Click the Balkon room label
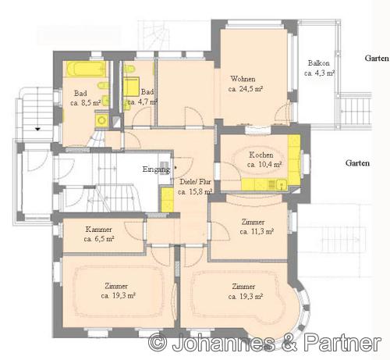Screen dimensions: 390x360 click(x=318, y=63)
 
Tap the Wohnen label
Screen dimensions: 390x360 click(x=243, y=79)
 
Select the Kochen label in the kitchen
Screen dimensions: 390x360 click(x=261, y=155)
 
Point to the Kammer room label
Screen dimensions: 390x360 click(x=98, y=230)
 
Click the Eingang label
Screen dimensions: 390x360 click(x=156, y=169)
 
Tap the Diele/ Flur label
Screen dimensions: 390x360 click(x=195, y=182)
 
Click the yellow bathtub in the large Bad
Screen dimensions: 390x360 click(x=86, y=69)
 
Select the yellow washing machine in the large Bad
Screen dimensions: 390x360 click(x=101, y=120)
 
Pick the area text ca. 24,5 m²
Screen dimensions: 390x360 click(x=246, y=89)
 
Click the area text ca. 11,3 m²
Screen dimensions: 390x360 click(x=257, y=231)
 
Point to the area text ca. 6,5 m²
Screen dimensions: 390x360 click(x=99, y=239)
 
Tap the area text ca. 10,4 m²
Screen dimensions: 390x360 click(x=264, y=165)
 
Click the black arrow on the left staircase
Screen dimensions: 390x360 click(x=38, y=129)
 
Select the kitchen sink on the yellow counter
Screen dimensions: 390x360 click(x=282, y=184)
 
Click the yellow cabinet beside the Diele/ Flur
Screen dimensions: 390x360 click(x=167, y=200)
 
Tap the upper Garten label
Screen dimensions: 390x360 click(x=377, y=59)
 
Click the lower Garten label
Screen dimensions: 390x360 click(x=357, y=163)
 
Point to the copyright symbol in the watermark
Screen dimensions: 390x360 click(x=158, y=342)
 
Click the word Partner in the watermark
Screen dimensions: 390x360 click(x=342, y=342)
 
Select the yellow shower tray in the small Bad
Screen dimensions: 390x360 click(x=131, y=87)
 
